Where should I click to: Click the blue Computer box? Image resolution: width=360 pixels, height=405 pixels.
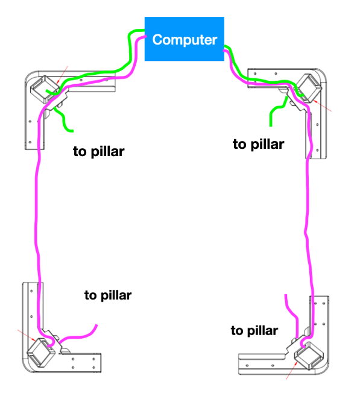185,39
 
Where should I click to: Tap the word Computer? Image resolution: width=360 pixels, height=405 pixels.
185,40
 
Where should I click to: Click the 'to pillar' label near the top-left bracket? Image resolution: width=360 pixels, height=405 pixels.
99,152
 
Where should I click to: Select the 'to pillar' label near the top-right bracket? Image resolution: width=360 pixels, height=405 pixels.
259,145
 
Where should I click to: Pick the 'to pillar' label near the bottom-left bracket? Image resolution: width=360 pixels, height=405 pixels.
108,295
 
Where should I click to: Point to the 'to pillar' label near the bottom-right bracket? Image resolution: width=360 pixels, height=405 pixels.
254,331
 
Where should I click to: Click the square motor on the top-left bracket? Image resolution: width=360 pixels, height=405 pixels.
45,89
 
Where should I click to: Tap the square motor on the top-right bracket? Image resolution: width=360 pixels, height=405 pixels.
309,88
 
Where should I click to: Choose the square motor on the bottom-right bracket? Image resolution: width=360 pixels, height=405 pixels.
309,356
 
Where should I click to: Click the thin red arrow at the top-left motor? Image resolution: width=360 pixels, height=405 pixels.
62,75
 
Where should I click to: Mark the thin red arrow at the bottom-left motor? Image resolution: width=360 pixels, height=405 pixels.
27,335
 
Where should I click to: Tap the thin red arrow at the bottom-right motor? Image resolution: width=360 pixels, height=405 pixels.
291,371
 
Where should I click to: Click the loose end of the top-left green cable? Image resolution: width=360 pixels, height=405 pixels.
73,131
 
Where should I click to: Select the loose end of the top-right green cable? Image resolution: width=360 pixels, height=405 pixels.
271,126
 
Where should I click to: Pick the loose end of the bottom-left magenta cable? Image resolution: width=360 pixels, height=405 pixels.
97,325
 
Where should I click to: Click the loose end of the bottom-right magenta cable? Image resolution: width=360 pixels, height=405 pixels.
286,295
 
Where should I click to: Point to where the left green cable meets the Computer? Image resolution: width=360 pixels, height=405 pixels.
144,31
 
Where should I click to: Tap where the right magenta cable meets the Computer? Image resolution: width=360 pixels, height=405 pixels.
224,51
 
